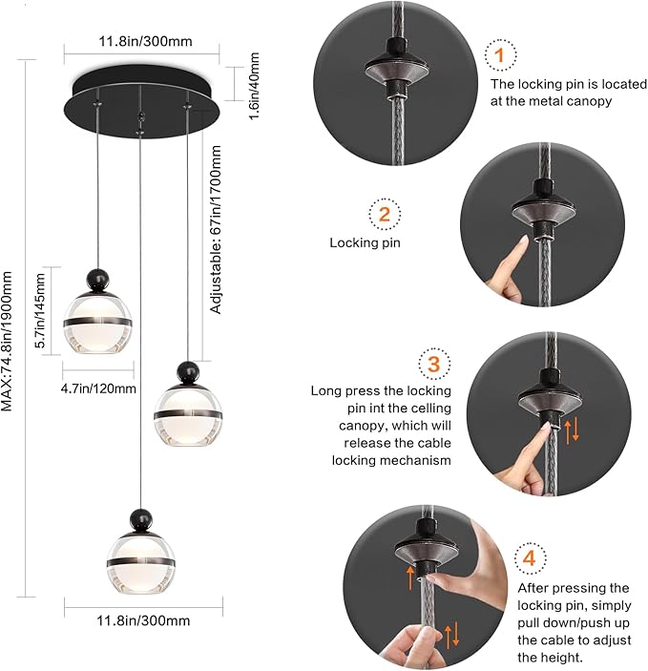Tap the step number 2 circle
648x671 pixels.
click(x=385, y=214)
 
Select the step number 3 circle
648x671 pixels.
click(x=433, y=365)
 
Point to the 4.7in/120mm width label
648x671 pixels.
click(x=100, y=388)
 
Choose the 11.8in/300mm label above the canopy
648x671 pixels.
click(x=140, y=42)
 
